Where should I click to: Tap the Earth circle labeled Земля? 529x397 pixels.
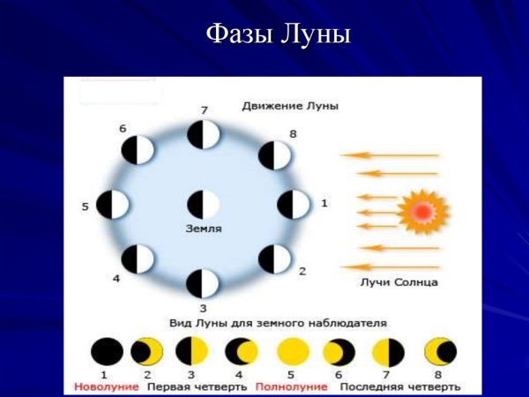click(x=204, y=205)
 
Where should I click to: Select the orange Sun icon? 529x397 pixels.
click(x=421, y=211)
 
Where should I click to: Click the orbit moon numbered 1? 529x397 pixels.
click(x=294, y=205)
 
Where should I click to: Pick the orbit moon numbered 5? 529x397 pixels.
click(x=113, y=205)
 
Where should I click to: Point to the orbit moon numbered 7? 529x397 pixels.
click(x=204, y=135)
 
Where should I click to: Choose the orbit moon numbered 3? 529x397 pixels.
click(x=204, y=283)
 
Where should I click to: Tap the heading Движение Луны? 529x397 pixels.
click(x=290, y=106)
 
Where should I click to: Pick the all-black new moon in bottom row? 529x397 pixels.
click(x=107, y=352)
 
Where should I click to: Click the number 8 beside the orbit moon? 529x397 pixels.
click(x=291, y=134)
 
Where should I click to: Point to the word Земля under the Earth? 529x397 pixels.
click(x=204, y=228)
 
